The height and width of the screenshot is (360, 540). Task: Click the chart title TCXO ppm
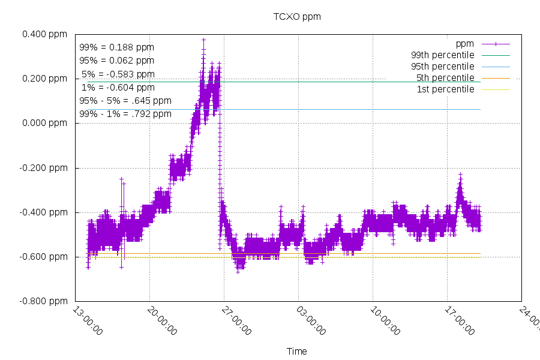click(x=297, y=17)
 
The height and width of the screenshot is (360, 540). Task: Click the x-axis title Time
click(x=296, y=351)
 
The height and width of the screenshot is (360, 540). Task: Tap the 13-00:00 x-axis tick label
click(x=88, y=322)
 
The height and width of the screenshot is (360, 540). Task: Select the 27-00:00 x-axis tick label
click(x=236, y=322)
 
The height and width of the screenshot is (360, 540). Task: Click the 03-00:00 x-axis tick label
click(x=311, y=322)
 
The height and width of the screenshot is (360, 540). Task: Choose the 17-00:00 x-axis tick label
click(x=460, y=322)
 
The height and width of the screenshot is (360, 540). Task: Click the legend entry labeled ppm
click(x=465, y=44)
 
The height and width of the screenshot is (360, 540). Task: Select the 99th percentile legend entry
click(x=441, y=55)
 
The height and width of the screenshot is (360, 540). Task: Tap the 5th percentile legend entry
click(x=444, y=78)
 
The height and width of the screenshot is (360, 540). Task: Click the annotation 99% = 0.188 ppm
click(x=116, y=47)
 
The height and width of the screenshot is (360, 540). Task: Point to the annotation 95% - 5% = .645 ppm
click(x=125, y=101)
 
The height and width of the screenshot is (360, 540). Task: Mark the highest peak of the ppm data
click(x=203, y=40)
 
